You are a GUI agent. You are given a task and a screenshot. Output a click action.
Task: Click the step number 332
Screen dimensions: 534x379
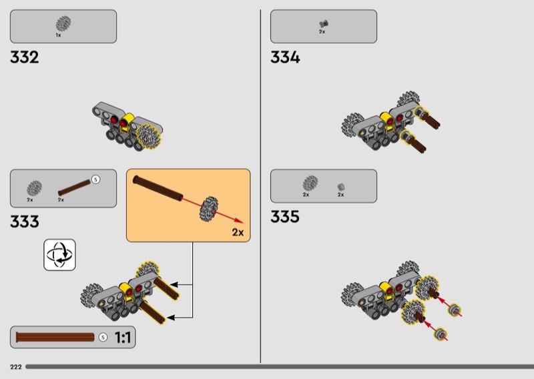25,57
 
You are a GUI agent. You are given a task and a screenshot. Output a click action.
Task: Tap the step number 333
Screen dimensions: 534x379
25,222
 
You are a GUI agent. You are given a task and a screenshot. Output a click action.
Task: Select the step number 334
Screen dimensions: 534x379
285,57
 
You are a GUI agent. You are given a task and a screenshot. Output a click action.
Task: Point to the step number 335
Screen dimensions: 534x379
285,217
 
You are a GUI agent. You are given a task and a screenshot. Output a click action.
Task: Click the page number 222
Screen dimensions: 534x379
16,367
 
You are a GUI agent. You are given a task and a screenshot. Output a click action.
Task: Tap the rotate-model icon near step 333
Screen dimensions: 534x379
59,255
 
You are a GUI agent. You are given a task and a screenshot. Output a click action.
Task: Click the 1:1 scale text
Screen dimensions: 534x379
123,338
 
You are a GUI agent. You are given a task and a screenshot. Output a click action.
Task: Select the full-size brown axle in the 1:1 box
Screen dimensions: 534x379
55,337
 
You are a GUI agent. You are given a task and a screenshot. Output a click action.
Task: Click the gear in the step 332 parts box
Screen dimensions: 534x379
63,23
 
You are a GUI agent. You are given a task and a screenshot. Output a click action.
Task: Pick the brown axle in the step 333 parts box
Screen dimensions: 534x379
74,187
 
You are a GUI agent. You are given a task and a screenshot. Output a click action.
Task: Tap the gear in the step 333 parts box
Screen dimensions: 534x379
35,188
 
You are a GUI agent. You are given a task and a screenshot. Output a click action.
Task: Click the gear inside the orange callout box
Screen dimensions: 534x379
209,209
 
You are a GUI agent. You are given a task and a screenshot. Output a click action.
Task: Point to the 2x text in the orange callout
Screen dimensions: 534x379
238,232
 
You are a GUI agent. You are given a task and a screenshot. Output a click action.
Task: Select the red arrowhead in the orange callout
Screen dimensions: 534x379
240,222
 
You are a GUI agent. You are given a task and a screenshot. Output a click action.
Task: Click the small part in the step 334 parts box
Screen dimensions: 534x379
324,24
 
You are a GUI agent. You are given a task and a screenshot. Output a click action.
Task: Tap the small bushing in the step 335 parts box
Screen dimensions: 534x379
341,187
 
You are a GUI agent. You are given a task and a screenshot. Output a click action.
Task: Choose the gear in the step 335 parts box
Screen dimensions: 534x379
310,183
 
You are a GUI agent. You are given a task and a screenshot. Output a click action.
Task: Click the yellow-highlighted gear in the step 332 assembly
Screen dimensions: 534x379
148,137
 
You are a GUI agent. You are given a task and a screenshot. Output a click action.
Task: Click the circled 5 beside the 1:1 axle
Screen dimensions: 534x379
103,337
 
